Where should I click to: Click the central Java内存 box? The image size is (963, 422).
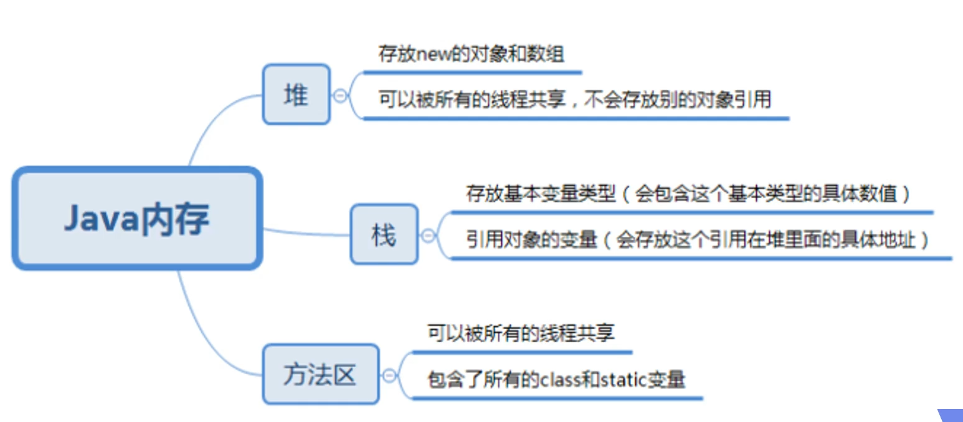point(137,219)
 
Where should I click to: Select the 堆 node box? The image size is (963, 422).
point(296,95)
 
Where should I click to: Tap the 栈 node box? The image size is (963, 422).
point(384,234)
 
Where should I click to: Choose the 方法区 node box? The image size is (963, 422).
point(320,374)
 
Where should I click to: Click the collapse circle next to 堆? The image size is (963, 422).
point(339,95)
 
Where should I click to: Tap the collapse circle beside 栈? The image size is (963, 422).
point(427,235)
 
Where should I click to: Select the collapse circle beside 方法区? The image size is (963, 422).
point(389,375)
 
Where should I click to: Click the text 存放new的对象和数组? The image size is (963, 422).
point(471,54)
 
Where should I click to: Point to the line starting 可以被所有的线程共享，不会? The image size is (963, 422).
point(574,99)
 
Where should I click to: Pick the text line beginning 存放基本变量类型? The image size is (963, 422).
point(689,194)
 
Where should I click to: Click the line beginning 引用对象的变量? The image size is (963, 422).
point(698,239)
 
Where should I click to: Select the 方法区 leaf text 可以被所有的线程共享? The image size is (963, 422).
point(521,333)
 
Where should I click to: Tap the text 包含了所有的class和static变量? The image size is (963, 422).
point(556,379)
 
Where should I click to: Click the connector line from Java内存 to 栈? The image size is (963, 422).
point(305,233)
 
